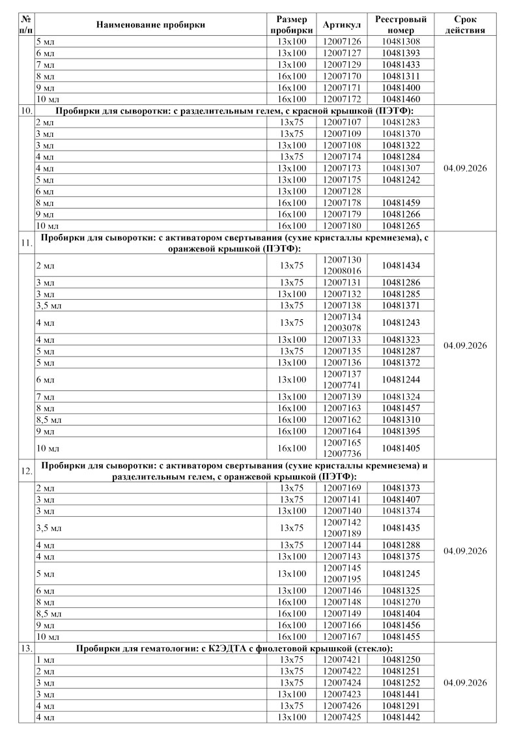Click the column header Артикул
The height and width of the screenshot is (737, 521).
342,25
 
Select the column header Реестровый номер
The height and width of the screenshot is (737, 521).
401,25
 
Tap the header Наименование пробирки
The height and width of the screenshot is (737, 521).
150,25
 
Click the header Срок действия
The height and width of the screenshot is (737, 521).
465,25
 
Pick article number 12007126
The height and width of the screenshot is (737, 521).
342,42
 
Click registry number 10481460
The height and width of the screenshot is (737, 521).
401,99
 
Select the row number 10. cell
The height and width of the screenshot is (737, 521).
26,111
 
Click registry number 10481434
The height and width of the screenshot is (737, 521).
401,266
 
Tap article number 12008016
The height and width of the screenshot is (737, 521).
342,271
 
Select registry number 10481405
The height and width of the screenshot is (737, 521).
401,448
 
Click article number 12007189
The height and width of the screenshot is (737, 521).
342,534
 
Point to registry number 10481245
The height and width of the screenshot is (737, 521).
401,574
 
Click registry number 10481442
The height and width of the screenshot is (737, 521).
401,717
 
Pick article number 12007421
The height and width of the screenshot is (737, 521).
342,660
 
